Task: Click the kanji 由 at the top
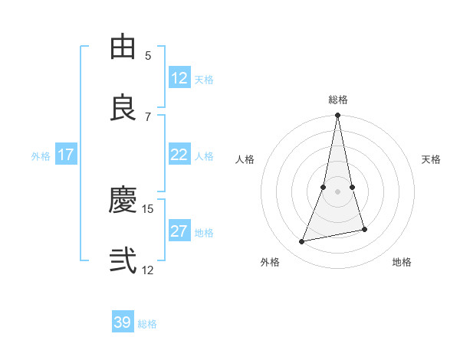(x=123, y=47)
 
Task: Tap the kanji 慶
(x=123, y=200)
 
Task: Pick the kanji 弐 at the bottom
(x=123, y=261)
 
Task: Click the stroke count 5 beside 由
(x=148, y=55)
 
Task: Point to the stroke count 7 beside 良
(x=148, y=116)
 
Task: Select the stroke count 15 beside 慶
(x=148, y=208)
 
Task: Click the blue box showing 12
(x=179, y=78)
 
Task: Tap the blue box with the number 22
(x=179, y=155)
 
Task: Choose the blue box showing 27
(x=179, y=231)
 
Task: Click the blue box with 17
(x=66, y=155)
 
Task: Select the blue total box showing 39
(x=123, y=322)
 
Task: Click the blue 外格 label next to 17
(x=41, y=156)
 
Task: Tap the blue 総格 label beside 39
(x=148, y=324)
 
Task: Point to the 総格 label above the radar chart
(x=338, y=100)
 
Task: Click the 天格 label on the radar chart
(x=432, y=159)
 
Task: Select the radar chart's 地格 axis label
(x=402, y=263)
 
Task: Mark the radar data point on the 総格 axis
(x=338, y=116)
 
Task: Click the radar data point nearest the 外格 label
(x=302, y=242)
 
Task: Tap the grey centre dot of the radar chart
(x=338, y=191)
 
